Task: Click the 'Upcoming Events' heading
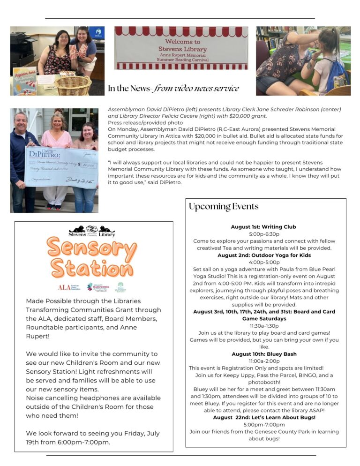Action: coord(223,207)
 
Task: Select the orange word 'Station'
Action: coord(92,269)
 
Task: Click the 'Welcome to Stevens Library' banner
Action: coord(182,48)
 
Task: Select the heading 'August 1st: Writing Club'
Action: coord(263,227)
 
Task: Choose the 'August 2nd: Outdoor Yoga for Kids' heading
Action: coord(264,256)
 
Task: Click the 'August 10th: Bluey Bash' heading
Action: coord(264,354)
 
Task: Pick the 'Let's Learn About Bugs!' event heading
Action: coord(264,417)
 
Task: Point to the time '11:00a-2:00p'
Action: coord(264,361)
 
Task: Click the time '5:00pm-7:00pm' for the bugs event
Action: coord(264,425)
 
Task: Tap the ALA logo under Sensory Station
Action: coord(69,287)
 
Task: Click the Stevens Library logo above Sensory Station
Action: coord(92,231)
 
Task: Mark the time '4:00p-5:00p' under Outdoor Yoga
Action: coord(264,263)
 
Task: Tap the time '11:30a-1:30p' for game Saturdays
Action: coord(264,326)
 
